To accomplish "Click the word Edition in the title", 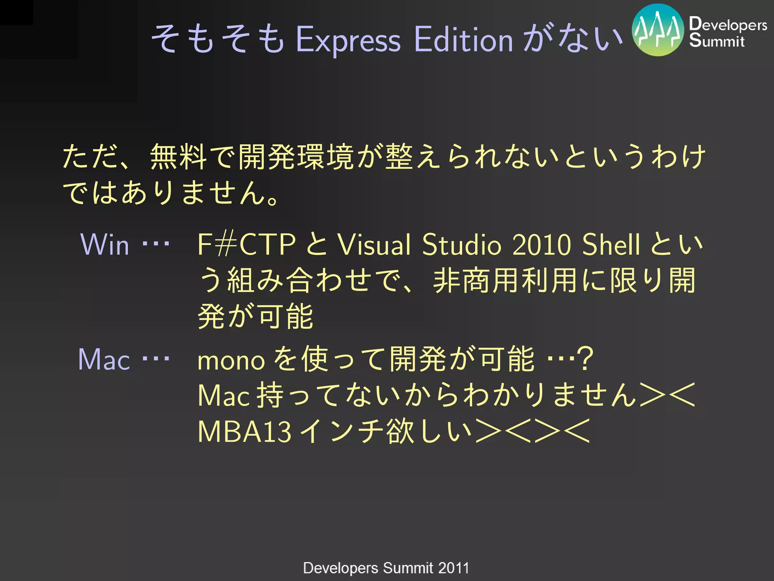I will [463, 39].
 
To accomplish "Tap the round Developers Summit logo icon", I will [658, 30].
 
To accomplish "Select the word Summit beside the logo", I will [717, 40].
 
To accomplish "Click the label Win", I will [105, 245].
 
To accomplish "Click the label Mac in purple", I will [104, 359].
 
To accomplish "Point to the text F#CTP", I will [246, 245].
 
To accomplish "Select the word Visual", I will [374, 245].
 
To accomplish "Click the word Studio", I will [461, 245].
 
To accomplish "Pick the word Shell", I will [611, 245].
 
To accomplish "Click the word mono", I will [231, 360].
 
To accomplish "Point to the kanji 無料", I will [178, 157].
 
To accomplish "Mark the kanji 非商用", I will [477, 280].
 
